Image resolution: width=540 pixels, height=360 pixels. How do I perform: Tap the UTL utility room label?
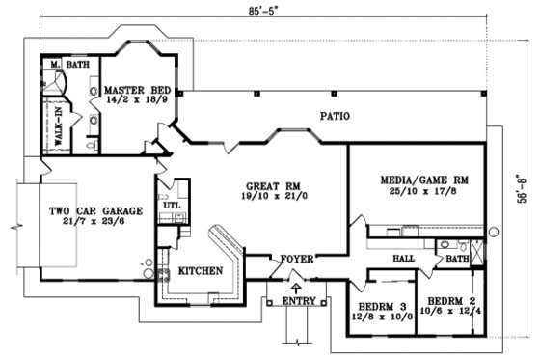pos(172,205)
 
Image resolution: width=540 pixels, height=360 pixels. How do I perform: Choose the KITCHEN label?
pos(201,271)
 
